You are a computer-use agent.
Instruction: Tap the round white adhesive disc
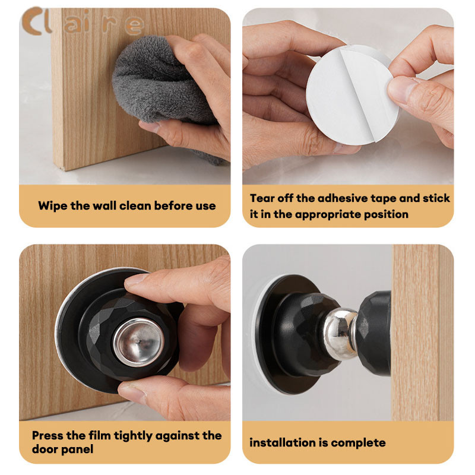[351, 94]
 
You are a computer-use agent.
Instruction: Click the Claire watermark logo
[83, 22]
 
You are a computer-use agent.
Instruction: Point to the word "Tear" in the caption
[262, 198]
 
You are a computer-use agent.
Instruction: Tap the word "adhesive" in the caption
[343, 198]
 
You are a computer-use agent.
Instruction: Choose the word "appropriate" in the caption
[328, 214]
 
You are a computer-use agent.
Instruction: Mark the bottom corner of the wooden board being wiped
[65, 170]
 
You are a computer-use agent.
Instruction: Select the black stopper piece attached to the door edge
[373, 333]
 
